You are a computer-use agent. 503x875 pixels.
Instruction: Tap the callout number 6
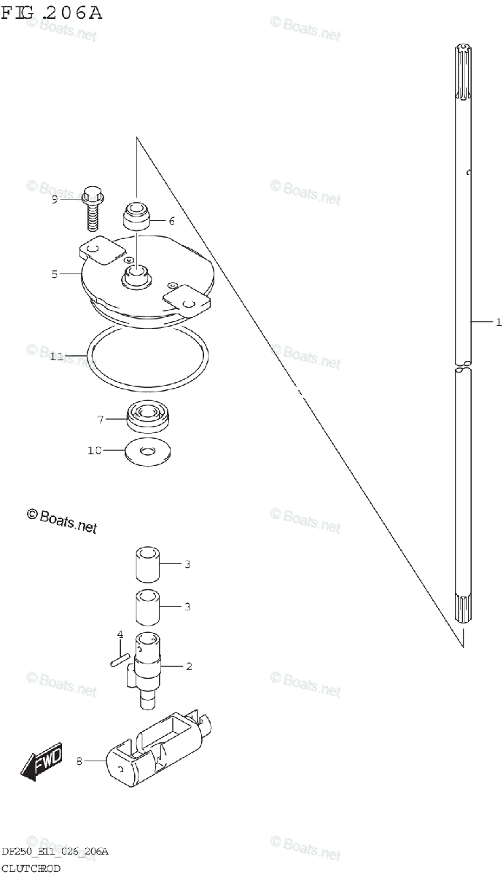(x=171, y=220)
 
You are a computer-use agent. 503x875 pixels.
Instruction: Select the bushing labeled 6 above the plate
(x=136, y=216)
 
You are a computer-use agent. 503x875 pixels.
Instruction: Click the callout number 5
(x=55, y=274)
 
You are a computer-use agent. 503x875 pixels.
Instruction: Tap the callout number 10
(x=95, y=451)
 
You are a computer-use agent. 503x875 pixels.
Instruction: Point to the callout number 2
(x=188, y=666)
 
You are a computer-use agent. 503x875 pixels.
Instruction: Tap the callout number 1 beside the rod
(x=498, y=322)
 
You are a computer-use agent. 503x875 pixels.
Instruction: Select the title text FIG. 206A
(x=52, y=12)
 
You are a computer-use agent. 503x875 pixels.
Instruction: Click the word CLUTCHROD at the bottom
(x=31, y=868)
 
